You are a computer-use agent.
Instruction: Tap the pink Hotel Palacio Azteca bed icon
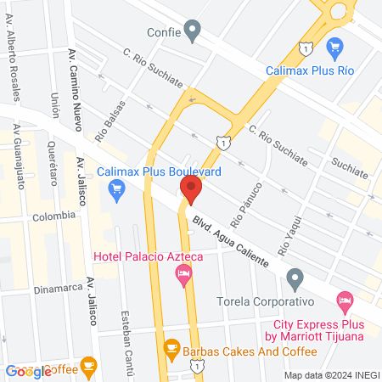click(183, 273)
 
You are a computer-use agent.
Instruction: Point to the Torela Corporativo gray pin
click(295, 278)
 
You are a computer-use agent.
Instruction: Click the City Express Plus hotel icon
click(345, 300)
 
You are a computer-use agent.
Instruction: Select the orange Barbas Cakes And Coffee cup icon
click(171, 347)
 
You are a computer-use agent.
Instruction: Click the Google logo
click(28, 371)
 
